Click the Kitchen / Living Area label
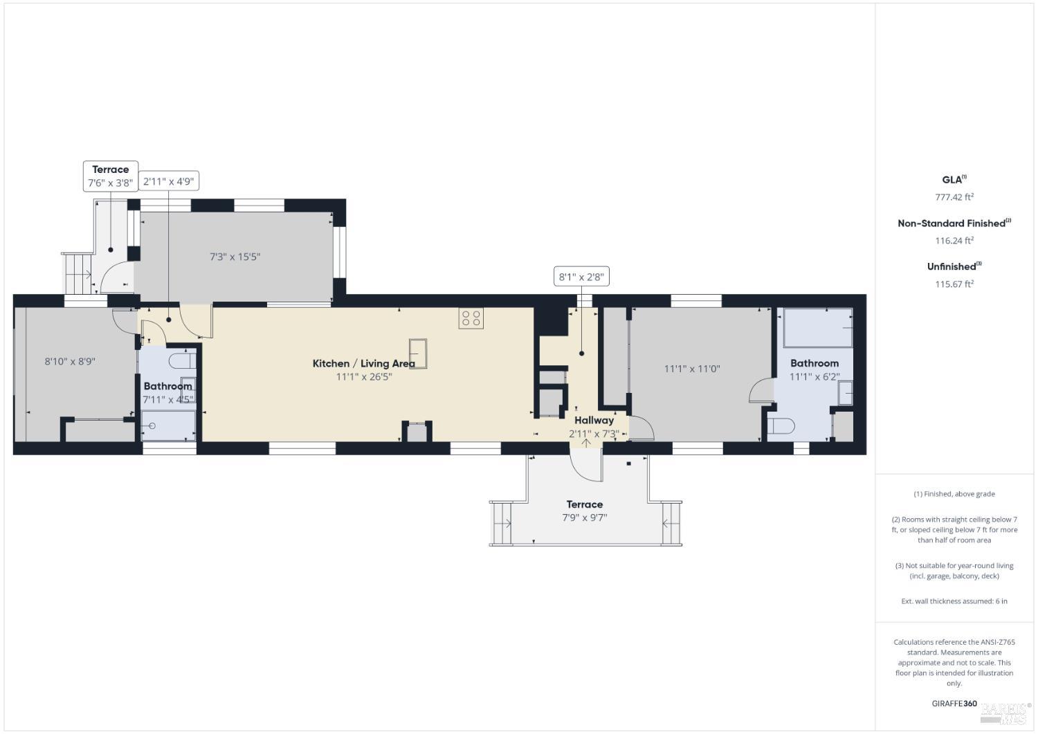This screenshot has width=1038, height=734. [363, 363]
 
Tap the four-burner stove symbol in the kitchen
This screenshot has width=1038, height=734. [471, 318]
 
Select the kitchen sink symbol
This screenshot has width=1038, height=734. [418, 353]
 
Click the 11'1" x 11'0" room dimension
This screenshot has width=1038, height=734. [692, 369]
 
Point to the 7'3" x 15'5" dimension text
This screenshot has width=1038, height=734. [235, 257]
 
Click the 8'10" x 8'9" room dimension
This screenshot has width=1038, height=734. [70, 361]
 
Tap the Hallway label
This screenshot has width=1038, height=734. [594, 420]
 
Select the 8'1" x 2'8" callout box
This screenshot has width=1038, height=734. [581, 277]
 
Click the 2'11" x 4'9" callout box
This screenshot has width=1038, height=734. [169, 182]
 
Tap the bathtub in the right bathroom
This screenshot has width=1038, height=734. [817, 328]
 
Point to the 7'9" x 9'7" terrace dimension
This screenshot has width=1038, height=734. [584, 517]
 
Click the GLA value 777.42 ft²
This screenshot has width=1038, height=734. [954, 197]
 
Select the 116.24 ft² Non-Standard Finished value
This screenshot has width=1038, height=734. [954, 241]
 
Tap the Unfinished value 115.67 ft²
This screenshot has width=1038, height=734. [954, 284]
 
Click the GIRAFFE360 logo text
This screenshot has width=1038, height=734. [954, 704]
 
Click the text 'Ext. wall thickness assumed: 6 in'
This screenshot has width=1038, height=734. [954, 601]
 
